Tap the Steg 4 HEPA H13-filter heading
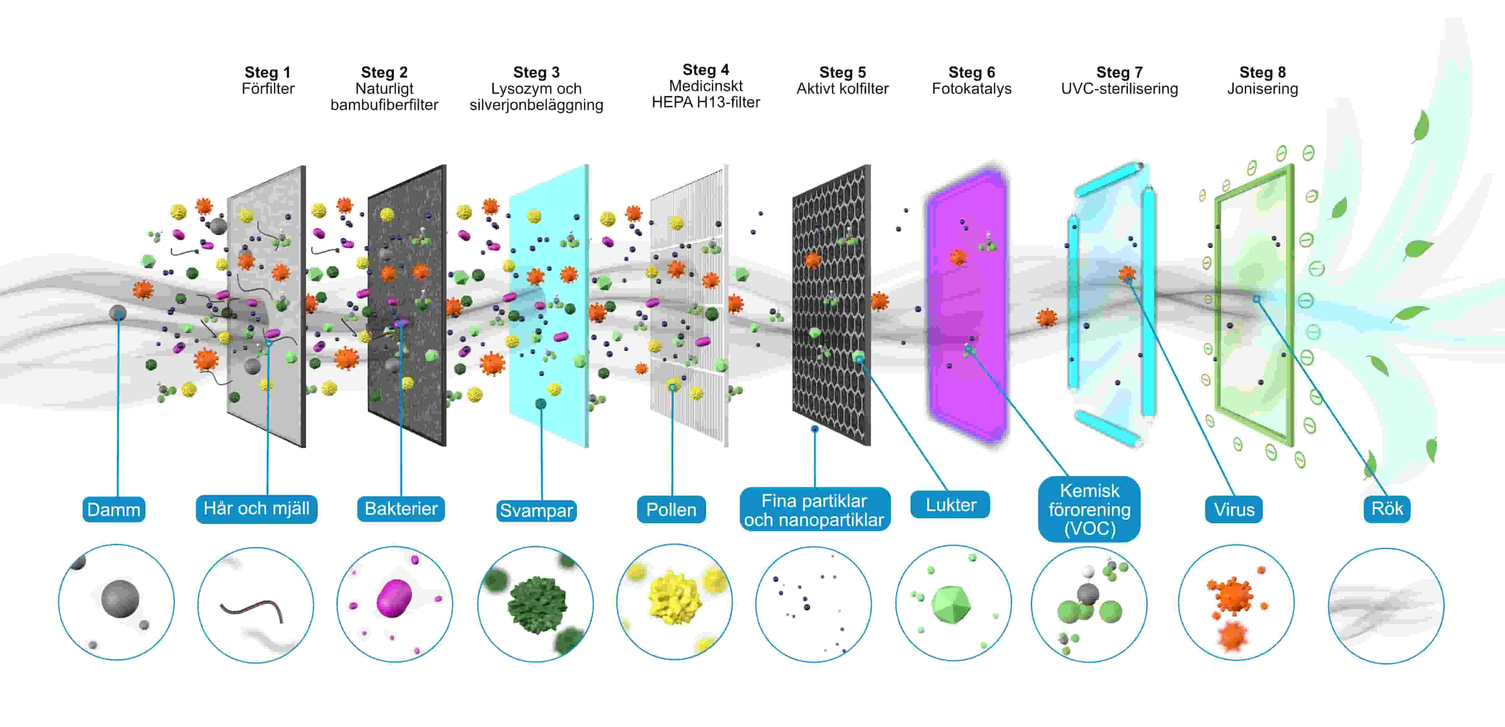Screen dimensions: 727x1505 point(706,86)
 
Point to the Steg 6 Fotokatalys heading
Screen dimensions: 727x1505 point(972,81)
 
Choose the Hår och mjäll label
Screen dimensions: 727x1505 point(256,509)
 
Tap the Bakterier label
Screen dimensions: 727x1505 point(401,509)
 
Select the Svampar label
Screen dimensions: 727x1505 point(536,510)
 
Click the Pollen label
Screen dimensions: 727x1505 point(671,510)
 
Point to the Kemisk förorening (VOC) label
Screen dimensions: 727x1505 point(1089,509)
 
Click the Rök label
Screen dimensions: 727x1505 point(1387,509)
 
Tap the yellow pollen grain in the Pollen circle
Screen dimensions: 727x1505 point(675,599)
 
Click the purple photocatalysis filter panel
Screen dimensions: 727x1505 point(967,304)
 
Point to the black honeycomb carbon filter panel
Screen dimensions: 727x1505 point(831,304)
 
